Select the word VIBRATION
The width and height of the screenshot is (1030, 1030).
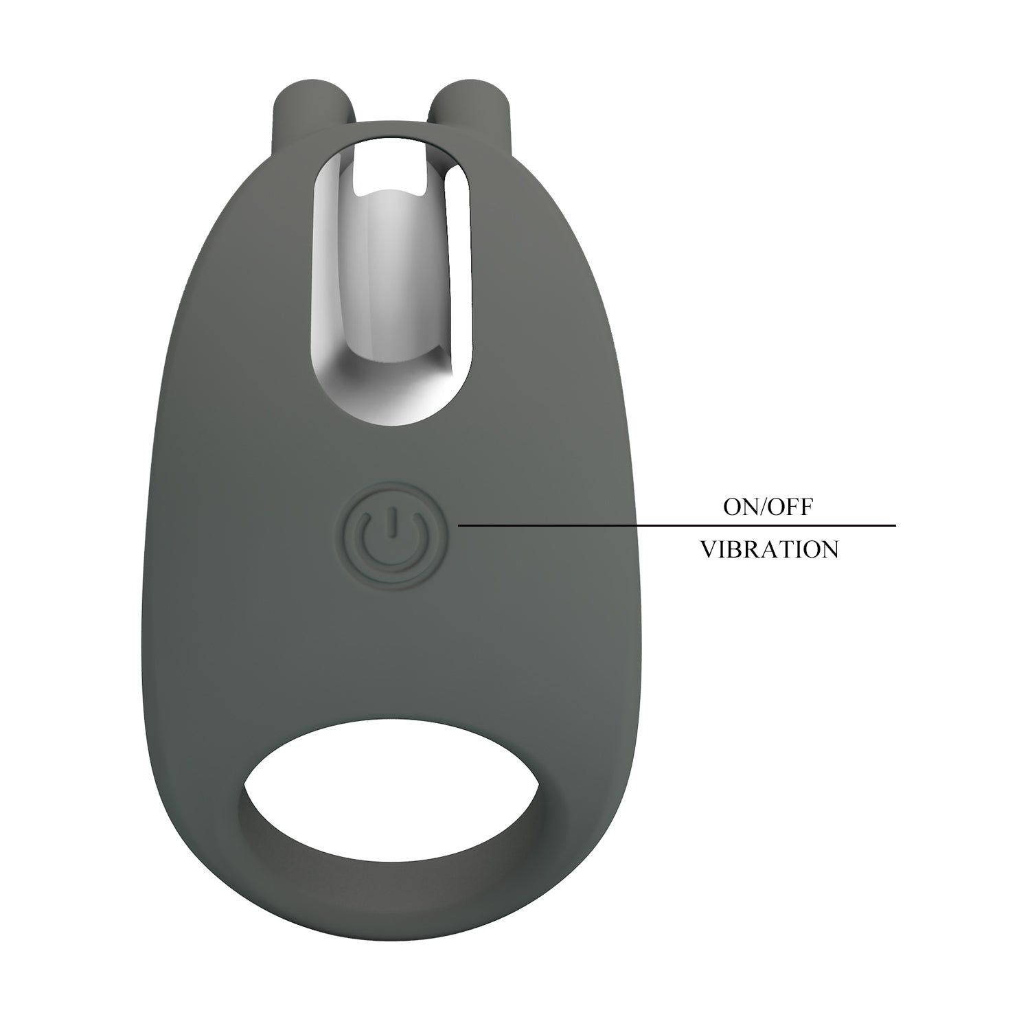click(769, 549)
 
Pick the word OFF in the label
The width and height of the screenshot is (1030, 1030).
click(790, 507)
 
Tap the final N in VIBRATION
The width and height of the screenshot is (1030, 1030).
click(829, 549)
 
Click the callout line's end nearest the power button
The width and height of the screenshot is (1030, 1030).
click(460, 526)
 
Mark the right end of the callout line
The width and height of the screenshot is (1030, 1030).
click(894, 526)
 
